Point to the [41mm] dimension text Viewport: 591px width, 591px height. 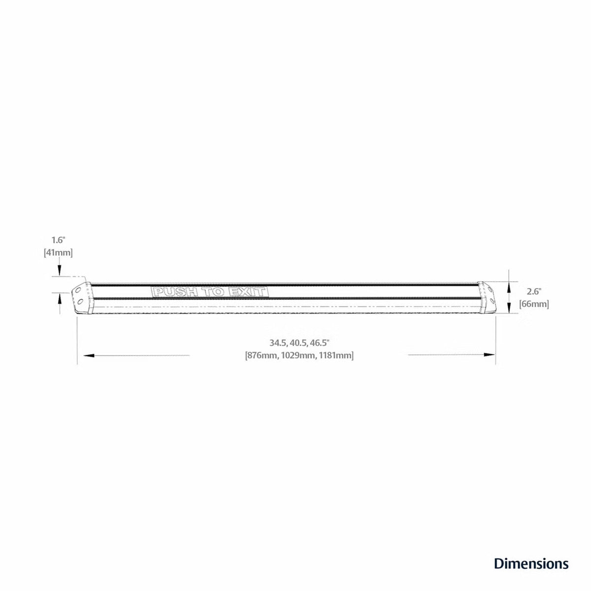pyautogui.click(x=58, y=253)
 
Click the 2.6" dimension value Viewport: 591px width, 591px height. pyautogui.click(x=534, y=291)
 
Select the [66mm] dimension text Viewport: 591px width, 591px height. pyautogui.click(x=534, y=304)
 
